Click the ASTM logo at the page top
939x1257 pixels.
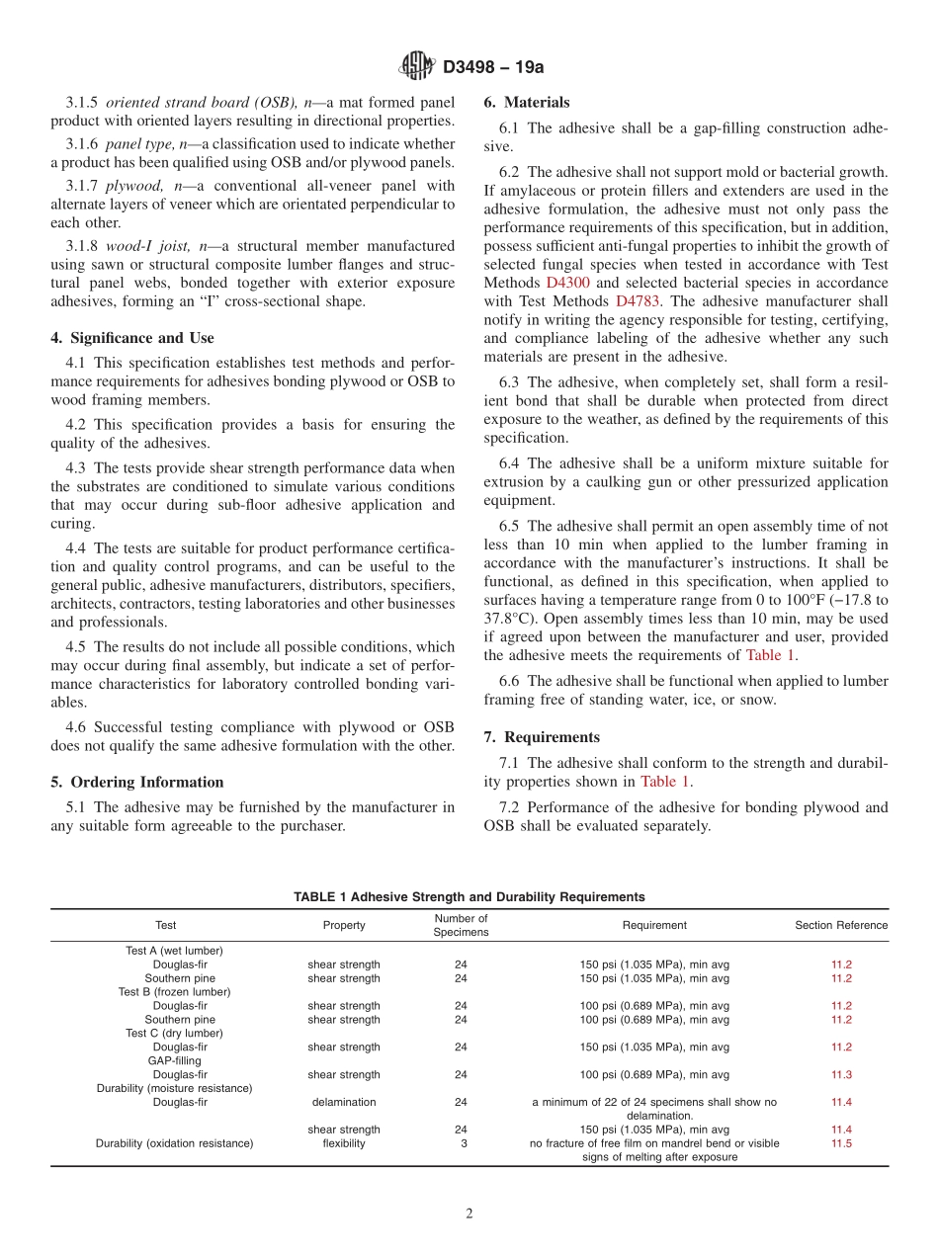pyautogui.click(x=416, y=66)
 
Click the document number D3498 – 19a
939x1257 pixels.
pyautogui.click(x=493, y=67)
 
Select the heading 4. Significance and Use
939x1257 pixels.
pyautogui.click(x=131, y=338)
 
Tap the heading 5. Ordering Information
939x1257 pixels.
pyautogui.click(x=137, y=782)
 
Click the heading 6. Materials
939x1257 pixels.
pyautogui.click(x=527, y=102)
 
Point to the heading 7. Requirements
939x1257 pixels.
pyautogui.click(x=542, y=737)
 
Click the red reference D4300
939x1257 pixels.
pyautogui.click(x=566, y=283)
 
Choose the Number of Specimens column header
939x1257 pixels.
pyautogui.click(x=461, y=925)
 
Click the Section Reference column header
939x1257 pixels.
pyautogui.click(x=841, y=925)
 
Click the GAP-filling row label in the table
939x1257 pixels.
pyautogui.click(x=174, y=1060)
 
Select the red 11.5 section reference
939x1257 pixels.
pyautogui.click(x=841, y=1143)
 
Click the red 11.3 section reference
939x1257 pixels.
pyautogui.click(x=841, y=1074)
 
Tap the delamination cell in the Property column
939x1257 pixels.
pyautogui.click(x=343, y=1102)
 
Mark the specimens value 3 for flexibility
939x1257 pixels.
pyautogui.click(x=461, y=1143)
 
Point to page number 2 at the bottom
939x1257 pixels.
pyautogui.click(x=469, y=1215)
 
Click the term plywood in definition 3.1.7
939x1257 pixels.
pyautogui.click(x=135, y=186)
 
